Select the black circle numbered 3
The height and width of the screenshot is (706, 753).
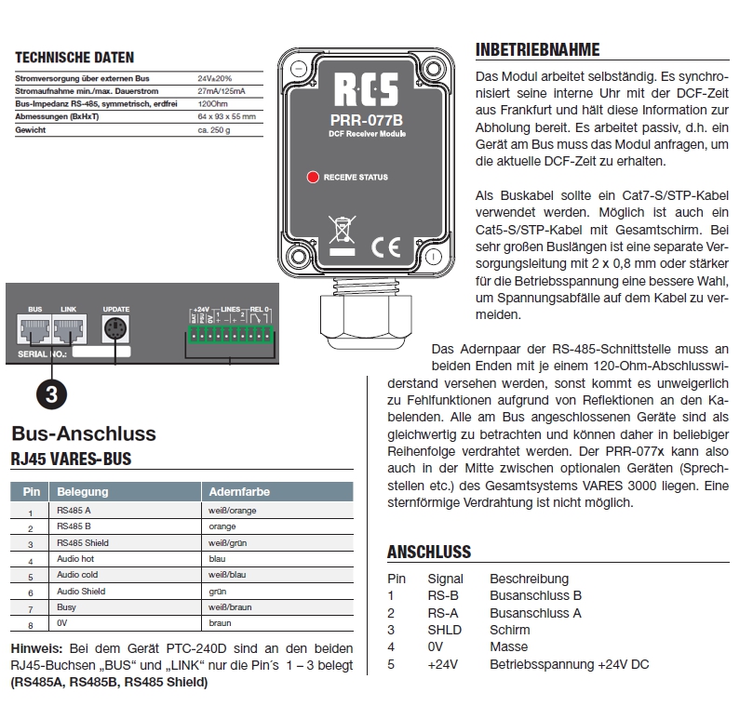pos(53,393)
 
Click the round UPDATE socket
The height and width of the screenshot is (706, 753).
pos(115,331)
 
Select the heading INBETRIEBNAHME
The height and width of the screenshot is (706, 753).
pos(537,50)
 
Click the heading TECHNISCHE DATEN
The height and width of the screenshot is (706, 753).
pos(74,58)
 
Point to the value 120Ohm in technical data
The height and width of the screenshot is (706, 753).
pos(214,103)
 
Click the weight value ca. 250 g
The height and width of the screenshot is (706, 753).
pos(215,129)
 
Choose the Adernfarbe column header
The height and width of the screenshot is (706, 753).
pos(239,491)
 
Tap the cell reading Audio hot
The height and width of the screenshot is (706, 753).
pos(76,560)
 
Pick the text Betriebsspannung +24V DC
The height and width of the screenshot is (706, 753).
pos(569,664)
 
